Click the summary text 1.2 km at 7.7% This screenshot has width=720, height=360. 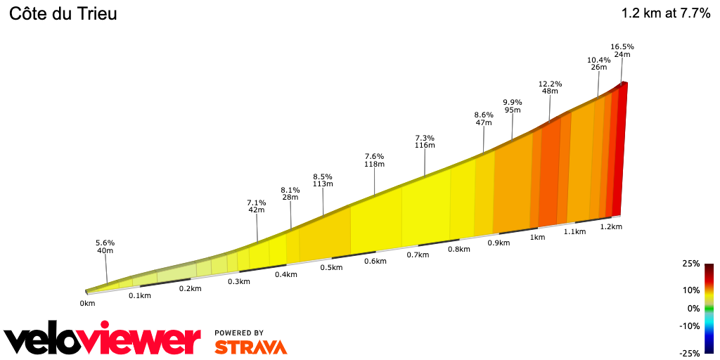666,13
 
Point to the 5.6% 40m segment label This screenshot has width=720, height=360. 105,247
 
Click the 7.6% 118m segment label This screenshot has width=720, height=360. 374,160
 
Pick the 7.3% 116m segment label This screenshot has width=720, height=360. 425,141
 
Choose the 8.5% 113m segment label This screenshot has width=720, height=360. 323,180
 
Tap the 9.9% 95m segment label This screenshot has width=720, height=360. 513,105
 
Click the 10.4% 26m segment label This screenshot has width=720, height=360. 598,63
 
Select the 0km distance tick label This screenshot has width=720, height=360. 87,304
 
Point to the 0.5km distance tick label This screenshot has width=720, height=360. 331,267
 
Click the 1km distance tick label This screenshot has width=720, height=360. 537,238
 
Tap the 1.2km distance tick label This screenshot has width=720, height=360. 610,227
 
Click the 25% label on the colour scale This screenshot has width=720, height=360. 691,264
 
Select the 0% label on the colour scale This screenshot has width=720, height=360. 693,308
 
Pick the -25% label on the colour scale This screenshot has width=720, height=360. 690,352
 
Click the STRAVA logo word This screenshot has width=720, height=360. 250,347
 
